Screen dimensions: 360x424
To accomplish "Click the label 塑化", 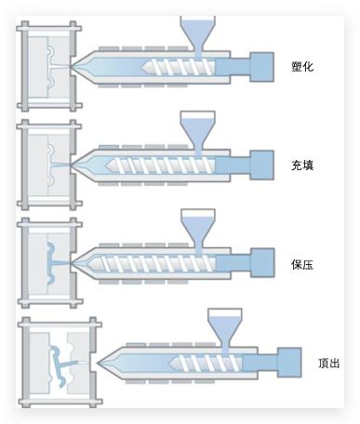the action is [302, 67].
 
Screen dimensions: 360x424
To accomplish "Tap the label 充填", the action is [302, 166].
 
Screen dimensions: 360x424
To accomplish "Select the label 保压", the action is [302, 264].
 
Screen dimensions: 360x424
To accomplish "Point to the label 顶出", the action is [329, 363].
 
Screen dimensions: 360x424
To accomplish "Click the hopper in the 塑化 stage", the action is [197, 35].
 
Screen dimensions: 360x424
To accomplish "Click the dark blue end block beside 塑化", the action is [261, 67].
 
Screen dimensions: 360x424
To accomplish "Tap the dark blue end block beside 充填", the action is [261, 166].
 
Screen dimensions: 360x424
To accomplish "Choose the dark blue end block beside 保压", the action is [262, 263].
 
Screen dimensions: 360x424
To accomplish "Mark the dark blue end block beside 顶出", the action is [289, 363].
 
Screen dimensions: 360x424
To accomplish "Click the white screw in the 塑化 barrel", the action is [179, 67].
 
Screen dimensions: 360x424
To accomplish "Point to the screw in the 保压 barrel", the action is [152, 263].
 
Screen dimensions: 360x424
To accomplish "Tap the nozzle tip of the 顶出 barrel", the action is [98, 363].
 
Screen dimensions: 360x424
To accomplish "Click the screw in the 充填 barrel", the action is [160, 166].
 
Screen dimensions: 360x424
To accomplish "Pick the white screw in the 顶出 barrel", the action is [206, 363].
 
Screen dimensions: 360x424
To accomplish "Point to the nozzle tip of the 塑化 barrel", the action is [71, 67].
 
